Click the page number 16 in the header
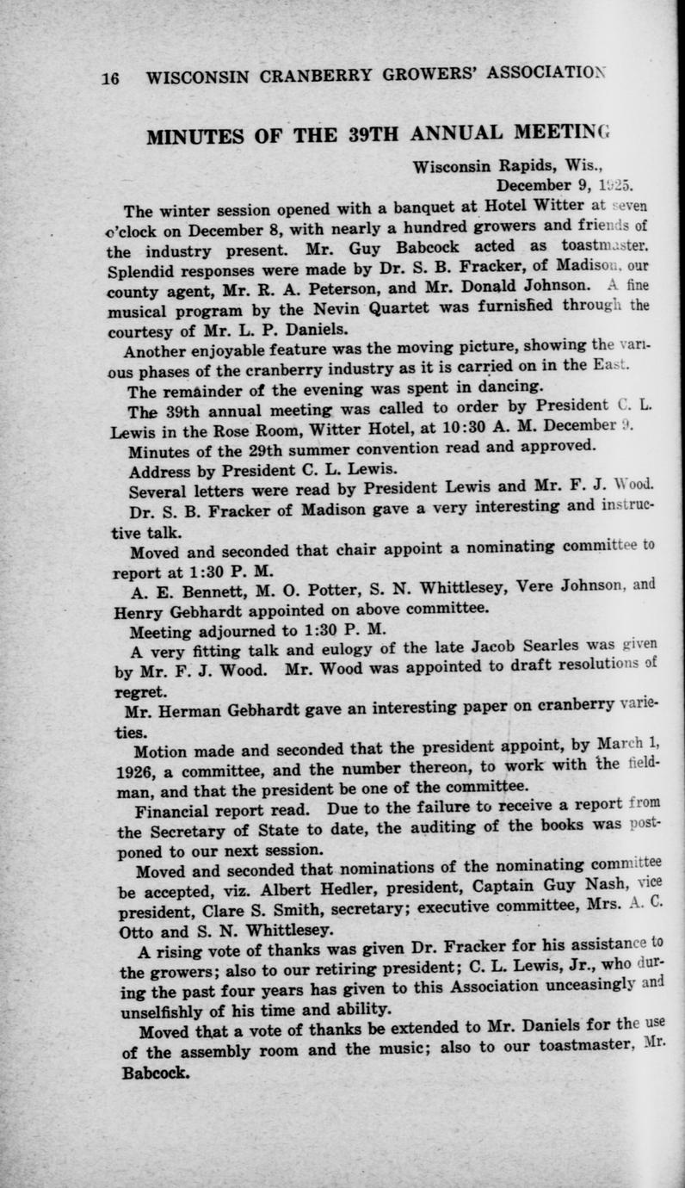tap(110, 77)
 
